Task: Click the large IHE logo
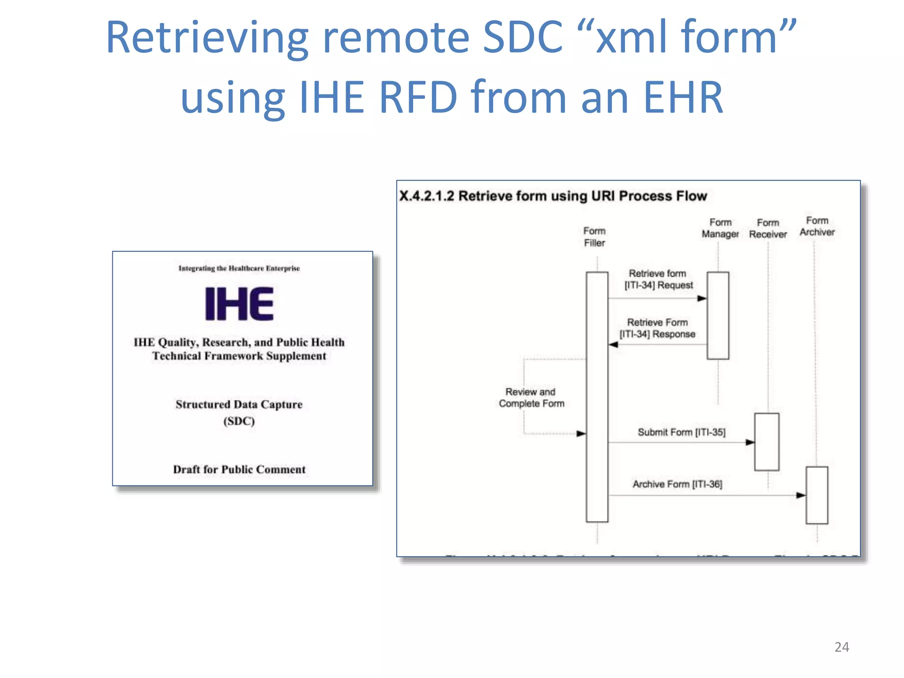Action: click(239, 304)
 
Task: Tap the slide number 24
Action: click(841, 647)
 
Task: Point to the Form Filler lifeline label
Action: click(594, 237)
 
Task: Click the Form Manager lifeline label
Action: click(720, 228)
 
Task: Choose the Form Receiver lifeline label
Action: click(768, 229)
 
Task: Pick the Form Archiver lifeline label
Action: click(817, 226)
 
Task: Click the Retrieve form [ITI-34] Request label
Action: click(658, 279)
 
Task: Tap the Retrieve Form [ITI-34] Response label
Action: click(657, 328)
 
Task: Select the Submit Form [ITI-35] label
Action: click(681, 432)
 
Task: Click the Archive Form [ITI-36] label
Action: click(677, 484)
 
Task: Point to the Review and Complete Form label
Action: click(531, 398)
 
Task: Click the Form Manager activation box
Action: click(718, 316)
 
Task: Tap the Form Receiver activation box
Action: click(767, 442)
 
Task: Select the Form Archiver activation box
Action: click(817, 495)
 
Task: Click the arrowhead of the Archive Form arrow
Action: click(801, 495)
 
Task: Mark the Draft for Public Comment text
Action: click(239, 469)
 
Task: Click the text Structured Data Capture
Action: click(239, 404)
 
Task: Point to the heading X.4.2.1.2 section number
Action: click(426, 196)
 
